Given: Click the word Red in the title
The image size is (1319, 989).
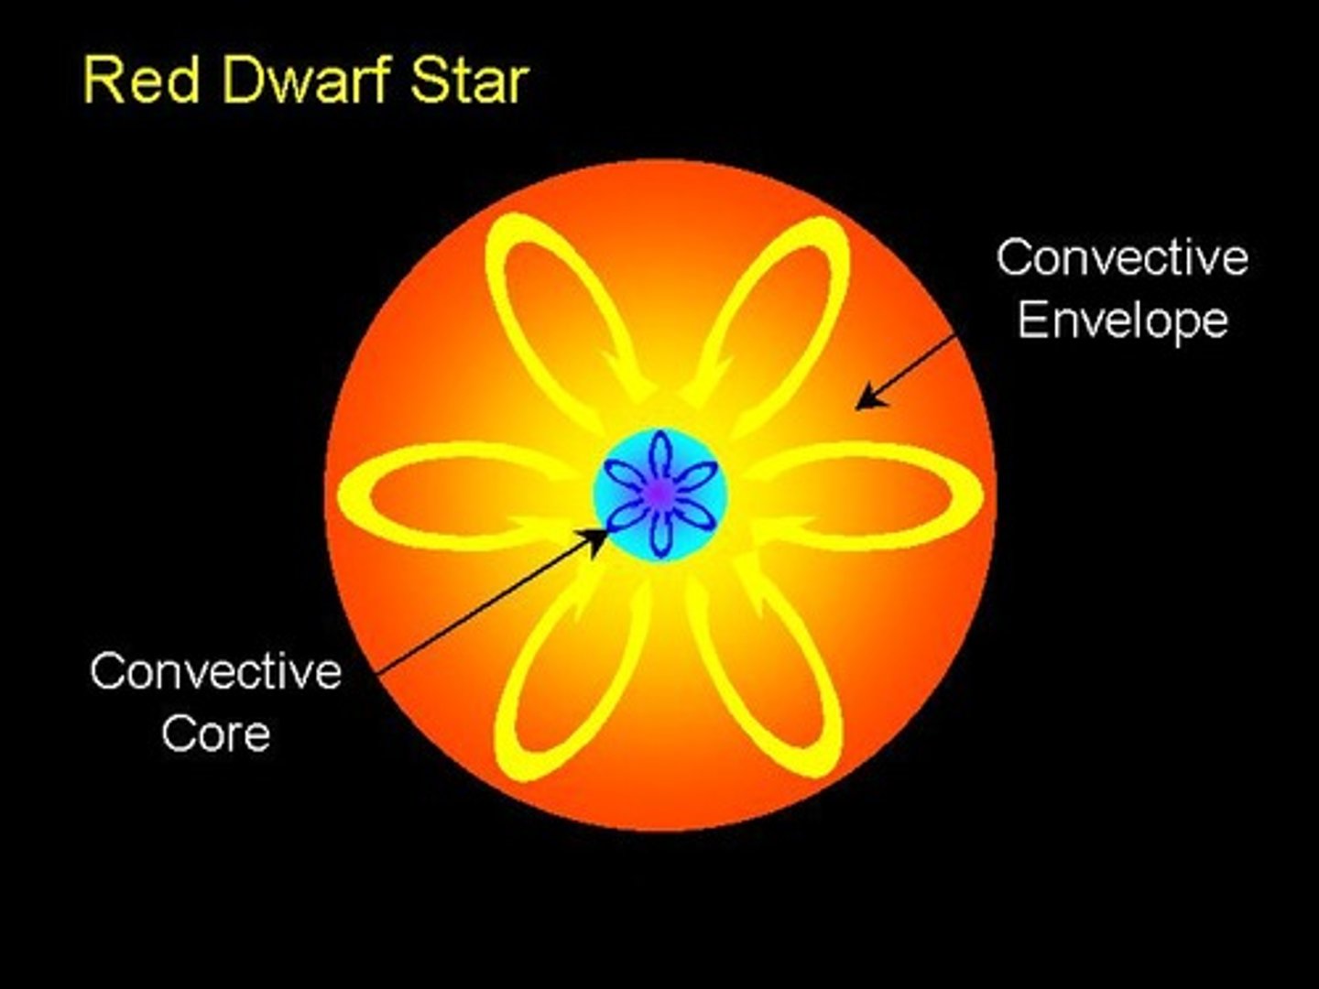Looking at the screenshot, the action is pos(142,80).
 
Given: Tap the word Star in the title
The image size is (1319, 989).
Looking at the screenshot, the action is pos(469,80).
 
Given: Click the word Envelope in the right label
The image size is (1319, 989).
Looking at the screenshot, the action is pos(1122,321).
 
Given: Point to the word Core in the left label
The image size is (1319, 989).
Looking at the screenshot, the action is pos(216,734).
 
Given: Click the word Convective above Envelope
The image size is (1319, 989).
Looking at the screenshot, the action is pos(1122,257).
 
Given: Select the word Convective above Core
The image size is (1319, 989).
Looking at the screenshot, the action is pos(216,671).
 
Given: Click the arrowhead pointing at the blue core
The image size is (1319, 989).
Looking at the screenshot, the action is pos(597,539).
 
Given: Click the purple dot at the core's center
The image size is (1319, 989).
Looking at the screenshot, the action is pos(658,494).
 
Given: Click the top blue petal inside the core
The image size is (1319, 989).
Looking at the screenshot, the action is pos(659,455).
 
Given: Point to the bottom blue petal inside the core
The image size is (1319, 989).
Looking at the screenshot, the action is pos(659,534).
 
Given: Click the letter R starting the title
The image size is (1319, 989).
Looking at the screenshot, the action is pos(101,80).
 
